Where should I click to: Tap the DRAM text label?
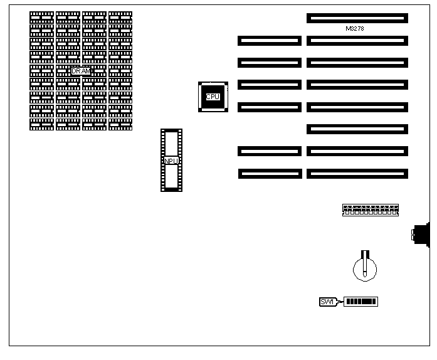(81, 71)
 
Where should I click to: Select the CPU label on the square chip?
(213, 97)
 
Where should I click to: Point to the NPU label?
(171, 161)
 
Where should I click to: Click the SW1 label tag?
(327, 302)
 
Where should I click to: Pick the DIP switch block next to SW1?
(361, 302)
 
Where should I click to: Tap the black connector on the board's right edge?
(421, 235)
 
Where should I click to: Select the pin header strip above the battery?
(371, 209)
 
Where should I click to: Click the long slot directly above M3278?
(357, 18)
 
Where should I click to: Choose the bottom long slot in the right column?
(357, 173)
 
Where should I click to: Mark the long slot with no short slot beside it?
(357, 129)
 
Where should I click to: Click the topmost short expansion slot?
(269, 41)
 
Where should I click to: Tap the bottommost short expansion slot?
(269, 173)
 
